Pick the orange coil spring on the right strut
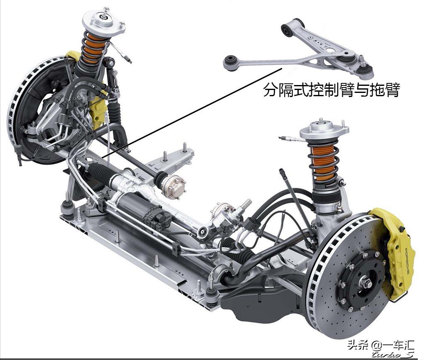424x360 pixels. point(323,162)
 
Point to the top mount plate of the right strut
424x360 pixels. point(324,129)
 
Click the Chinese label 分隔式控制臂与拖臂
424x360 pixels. point(331,90)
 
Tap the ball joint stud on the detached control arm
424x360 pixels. point(364,62)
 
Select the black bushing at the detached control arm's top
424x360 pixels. point(287,29)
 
